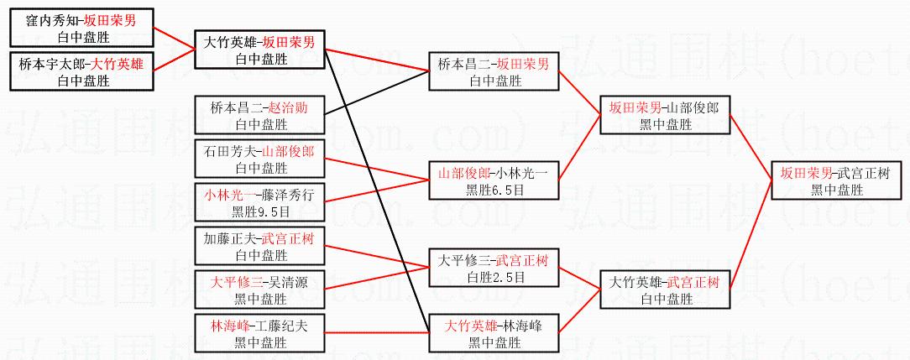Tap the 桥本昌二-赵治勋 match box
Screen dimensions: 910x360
point(259,116)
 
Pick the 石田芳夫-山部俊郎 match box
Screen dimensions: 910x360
point(259,159)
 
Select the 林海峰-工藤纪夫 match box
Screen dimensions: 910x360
point(259,333)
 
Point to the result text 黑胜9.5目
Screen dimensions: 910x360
point(259,211)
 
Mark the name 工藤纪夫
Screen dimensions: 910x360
point(285,326)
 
